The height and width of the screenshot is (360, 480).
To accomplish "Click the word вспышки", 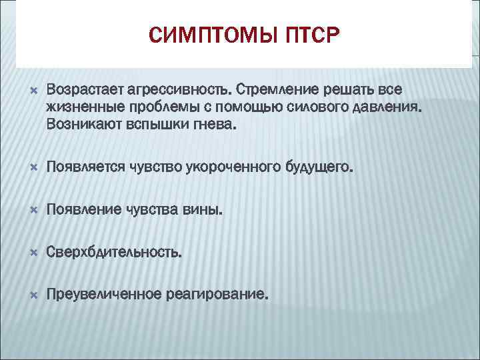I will pyautogui.click(x=154, y=124).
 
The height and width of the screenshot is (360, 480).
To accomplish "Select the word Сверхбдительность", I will pyautogui.click(x=113, y=253).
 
